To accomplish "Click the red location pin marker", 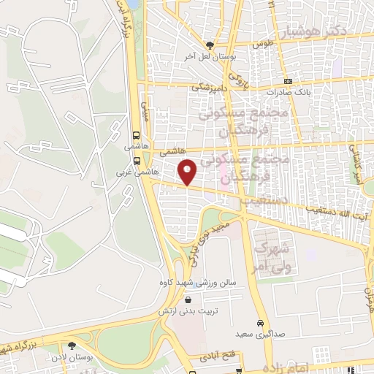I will click(188, 172).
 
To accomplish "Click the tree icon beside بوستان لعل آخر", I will click(210, 45).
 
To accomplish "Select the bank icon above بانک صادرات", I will click(289, 81).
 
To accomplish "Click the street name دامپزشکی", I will click(209, 86).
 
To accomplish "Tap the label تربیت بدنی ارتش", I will click(188, 311).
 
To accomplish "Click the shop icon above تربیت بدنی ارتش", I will click(188, 300).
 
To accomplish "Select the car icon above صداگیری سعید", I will click(261, 324).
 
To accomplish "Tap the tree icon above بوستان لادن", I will click(71, 346).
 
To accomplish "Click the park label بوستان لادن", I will click(71, 356).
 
